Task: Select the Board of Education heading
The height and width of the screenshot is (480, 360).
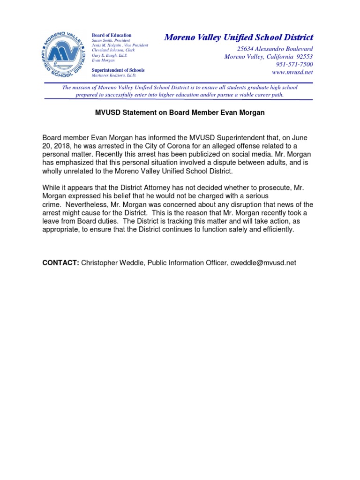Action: [112, 35]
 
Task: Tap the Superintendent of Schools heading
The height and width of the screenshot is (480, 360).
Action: [118, 70]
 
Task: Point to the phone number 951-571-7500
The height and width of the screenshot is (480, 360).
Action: [293, 64]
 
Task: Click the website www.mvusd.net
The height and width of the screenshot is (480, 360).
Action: [292, 72]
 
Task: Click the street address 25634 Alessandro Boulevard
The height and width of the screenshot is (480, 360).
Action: [275, 49]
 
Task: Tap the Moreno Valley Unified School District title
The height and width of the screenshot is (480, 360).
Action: [239, 37]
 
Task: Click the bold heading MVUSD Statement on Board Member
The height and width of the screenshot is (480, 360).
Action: [180, 112]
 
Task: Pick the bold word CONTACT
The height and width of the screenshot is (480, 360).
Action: [60, 263]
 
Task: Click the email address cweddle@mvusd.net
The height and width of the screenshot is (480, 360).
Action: [263, 263]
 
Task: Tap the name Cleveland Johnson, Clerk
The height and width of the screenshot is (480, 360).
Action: [113, 50]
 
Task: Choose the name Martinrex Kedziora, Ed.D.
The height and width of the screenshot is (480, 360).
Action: [114, 75]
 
